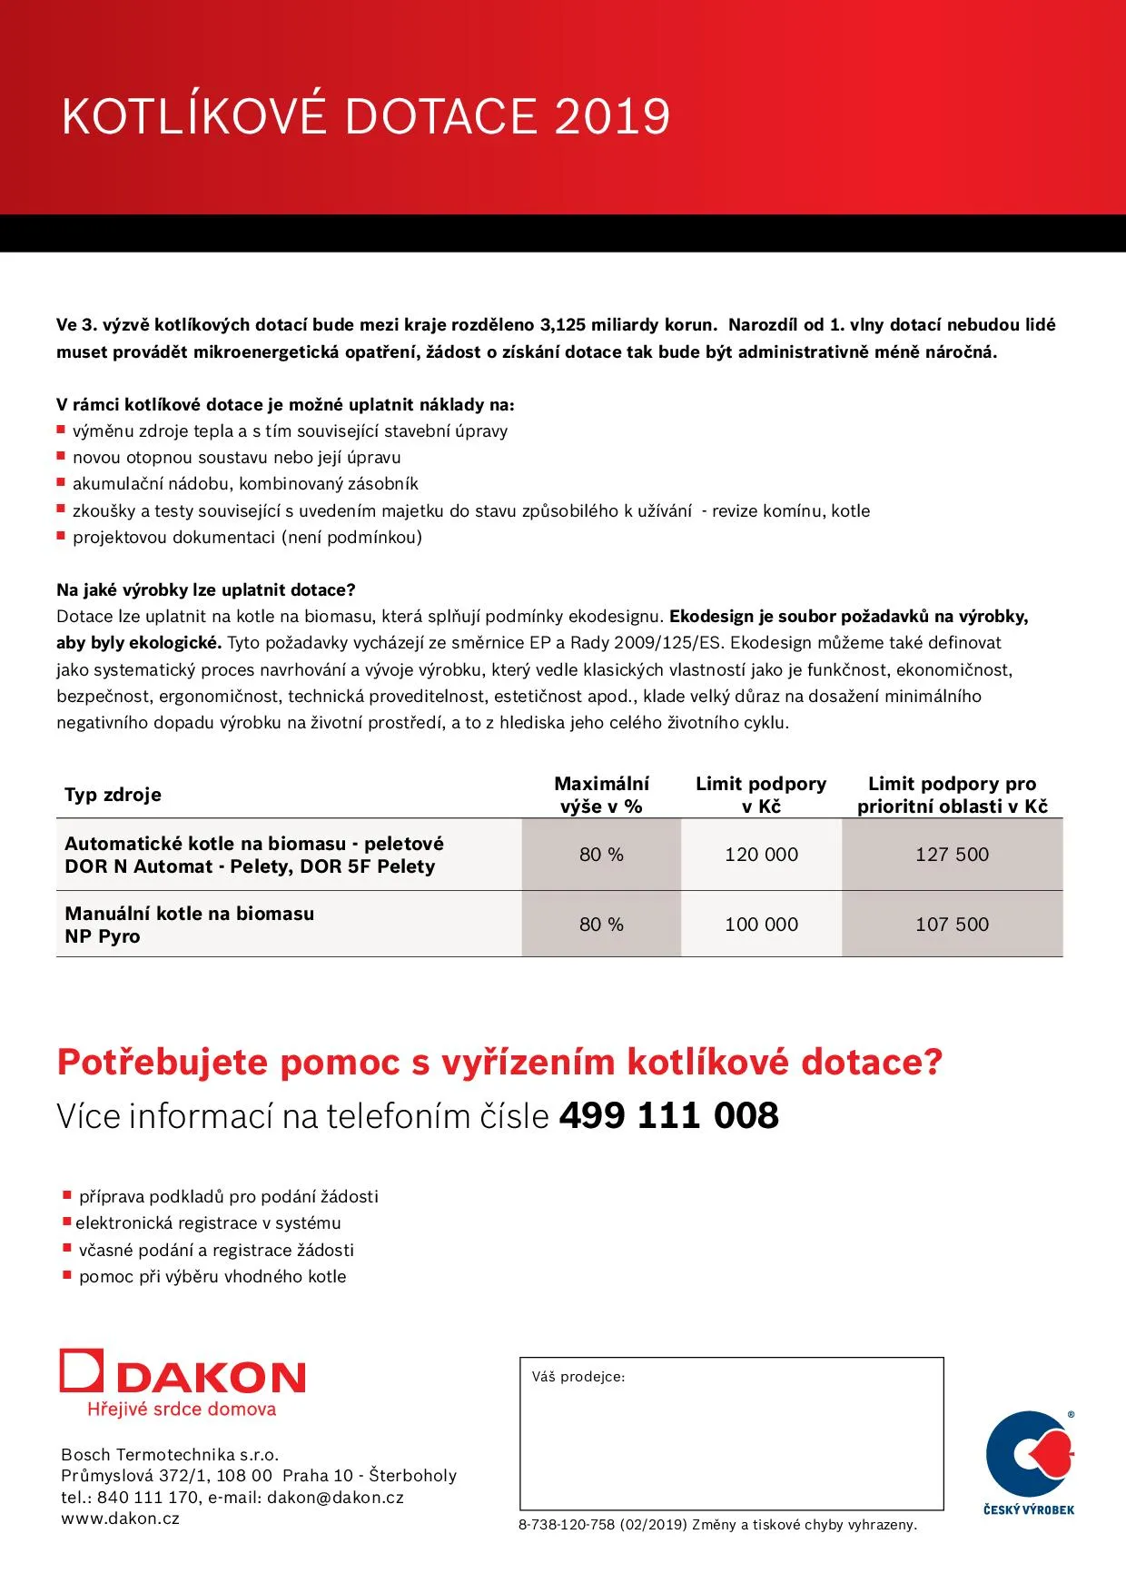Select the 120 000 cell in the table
[761, 855]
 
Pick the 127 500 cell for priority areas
[952, 855]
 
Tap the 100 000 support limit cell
[761, 925]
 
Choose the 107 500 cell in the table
[952, 925]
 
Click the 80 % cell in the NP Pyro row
[601, 925]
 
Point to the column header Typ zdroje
[113, 795]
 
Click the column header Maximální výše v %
[601, 795]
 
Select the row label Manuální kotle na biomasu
[189, 914]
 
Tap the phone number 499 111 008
[668, 1116]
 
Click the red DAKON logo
[183, 1373]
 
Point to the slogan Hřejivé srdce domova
[182, 1410]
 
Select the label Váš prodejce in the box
[578, 1377]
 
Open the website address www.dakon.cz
[120, 1519]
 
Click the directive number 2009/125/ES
[667, 643]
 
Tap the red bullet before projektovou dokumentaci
[62, 536]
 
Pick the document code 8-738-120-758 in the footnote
[567, 1525]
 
